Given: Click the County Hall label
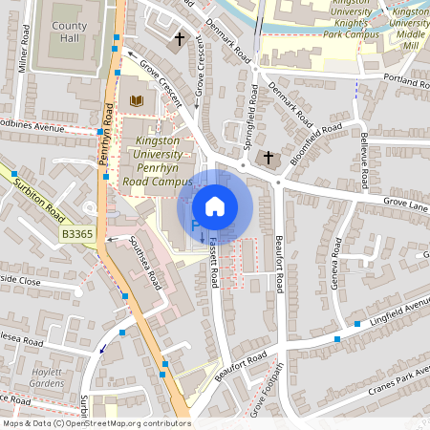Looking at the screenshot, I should (x=69, y=34).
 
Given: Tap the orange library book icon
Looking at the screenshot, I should (x=135, y=99).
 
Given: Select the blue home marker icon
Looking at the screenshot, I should (x=215, y=206).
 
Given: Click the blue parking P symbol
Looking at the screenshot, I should (x=195, y=226).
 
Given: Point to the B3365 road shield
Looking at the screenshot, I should (x=75, y=234).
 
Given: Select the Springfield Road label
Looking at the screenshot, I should (x=251, y=120).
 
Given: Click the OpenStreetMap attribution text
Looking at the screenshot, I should (x=96, y=423).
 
